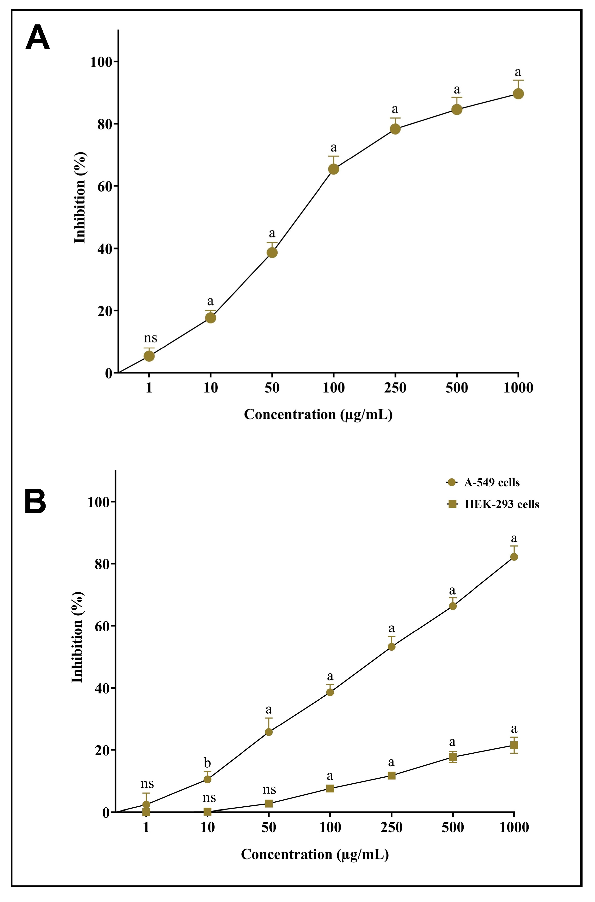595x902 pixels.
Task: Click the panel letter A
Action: click(x=38, y=38)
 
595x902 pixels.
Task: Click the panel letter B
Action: click(x=35, y=502)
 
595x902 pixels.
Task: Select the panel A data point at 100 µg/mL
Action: click(x=333, y=169)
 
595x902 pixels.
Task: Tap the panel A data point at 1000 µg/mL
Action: click(x=518, y=94)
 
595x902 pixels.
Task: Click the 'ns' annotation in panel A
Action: click(x=150, y=338)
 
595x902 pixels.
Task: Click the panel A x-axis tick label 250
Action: click(x=395, y=388)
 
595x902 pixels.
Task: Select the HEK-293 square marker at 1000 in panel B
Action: click(x=514, y=745)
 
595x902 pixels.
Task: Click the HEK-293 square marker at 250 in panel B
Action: click(x=391, y=776)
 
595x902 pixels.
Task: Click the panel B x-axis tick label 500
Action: click(x=452, y=827)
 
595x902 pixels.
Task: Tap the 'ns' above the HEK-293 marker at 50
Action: click(x=269, y=790)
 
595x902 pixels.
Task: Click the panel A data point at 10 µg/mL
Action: click(x=211, y=318)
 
